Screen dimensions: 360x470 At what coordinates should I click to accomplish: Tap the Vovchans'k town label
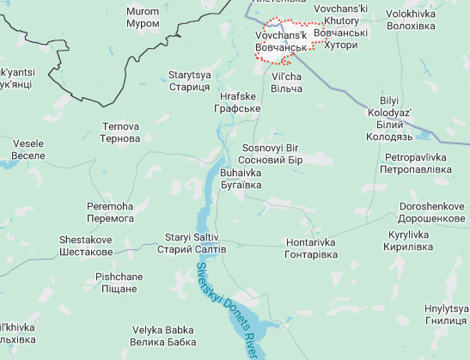[x=280, y=40]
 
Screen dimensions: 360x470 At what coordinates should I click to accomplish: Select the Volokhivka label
[x=411, y=20]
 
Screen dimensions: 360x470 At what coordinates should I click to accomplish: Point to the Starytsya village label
[x=189, y=82]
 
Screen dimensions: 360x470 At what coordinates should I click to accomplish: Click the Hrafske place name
[x=237, y=103]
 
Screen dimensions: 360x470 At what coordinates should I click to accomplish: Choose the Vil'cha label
[x=287, y=82]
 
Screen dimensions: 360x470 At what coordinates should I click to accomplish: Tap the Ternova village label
[x=119, y=132]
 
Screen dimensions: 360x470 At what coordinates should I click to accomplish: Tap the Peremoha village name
[x=110, y=213]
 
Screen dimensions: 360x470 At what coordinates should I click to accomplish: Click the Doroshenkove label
[x=432, y=213]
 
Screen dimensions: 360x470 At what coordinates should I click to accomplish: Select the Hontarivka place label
[x=310, y=249]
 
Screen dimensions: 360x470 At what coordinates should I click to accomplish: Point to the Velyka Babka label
[x=164, y=336]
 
